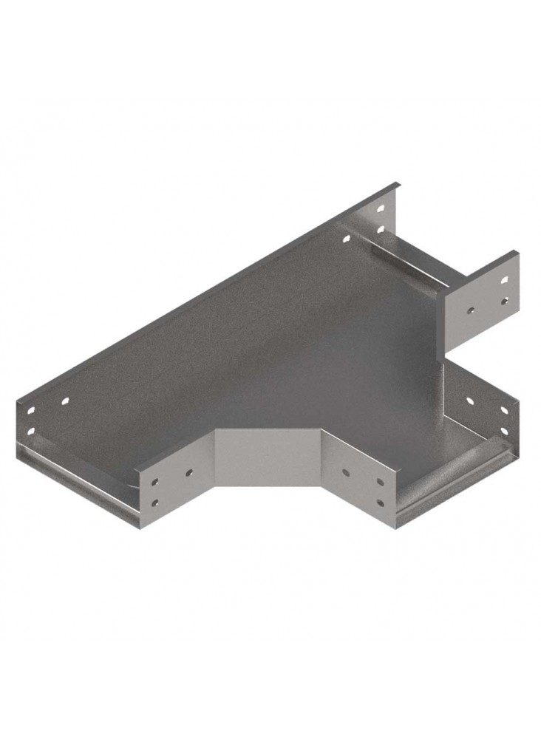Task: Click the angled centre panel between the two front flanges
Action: click(x=268, y=458)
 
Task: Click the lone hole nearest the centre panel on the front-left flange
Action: click(x=189, y=471)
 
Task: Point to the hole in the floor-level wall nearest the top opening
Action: click(x=345, y=238)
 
